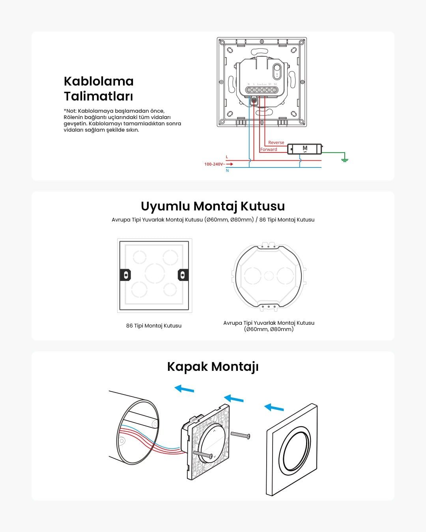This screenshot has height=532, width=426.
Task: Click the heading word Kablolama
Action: click(x=99, y=82)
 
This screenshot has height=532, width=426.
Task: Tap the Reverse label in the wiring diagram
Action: click(x=276, y=143)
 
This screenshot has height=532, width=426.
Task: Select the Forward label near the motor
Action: click(x=269, y=149)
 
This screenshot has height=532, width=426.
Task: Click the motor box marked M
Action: click(x=305, y=149)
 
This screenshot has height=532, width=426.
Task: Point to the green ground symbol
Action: click(x=345, y=159)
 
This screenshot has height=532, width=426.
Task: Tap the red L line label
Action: click(x=227, y=157)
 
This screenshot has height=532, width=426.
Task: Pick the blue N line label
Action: click(x=227, y=171)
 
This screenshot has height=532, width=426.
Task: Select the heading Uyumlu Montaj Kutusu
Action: click(x=213, y=206)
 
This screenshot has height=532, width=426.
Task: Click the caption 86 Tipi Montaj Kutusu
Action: click(x=154, y=326)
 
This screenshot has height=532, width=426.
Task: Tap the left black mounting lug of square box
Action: click(x=125, y=275)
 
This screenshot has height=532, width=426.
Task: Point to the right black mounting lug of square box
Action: click(x=183, y=275)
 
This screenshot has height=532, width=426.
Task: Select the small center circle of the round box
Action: click(x=269, y=275)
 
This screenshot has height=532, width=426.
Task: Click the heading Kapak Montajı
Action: click(x=213, y=366)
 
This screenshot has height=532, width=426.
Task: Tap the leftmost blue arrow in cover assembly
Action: click(x=184, y=389)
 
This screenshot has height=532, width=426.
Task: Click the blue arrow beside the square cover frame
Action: click(x=274, y=407)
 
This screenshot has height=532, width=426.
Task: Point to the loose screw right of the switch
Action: click(x=240, y=435)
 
